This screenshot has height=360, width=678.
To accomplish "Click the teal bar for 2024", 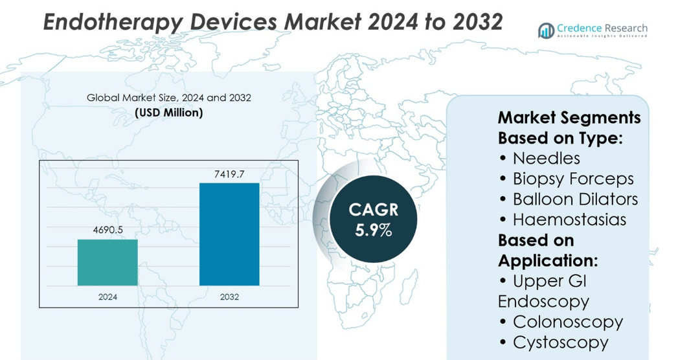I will click(x=107, y=262).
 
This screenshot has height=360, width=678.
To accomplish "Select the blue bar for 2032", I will click(x=229, y=234).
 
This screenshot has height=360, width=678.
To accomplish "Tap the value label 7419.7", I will click(x=229, y=174).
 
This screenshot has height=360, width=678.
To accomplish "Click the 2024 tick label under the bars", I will click(x=107, y=297).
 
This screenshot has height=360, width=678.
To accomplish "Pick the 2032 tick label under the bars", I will click(x=229, y=297).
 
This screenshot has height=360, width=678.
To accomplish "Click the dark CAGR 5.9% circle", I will click(x=373, y=219).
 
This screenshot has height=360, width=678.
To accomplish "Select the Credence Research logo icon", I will click(x=546, y=30).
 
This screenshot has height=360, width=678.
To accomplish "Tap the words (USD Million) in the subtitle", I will click(x=169, y=113).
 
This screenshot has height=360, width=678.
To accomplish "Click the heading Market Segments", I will click(x=569, y=118).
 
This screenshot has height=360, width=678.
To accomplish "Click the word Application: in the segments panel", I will click(x=548, y=261).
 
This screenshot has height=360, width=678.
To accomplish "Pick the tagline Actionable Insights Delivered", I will click(x=603, y=36).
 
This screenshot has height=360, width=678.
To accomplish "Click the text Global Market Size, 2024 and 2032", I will click(x=169, y=98).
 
